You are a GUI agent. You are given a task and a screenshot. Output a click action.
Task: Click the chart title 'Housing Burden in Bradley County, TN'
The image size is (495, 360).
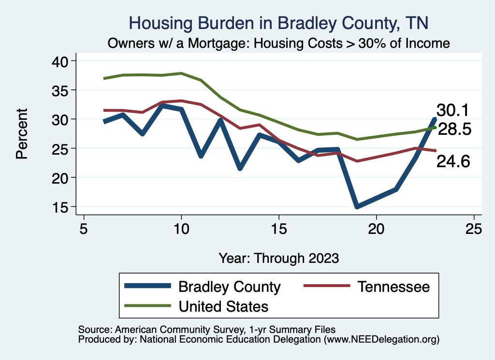tap(279, 23)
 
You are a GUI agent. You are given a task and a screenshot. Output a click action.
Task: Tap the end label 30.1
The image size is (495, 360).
tap(453, 110)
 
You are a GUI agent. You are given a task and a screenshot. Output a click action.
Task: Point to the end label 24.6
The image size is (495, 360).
tap(453, 162)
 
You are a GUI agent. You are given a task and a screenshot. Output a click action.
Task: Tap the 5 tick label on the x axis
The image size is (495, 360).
tap(84, 228)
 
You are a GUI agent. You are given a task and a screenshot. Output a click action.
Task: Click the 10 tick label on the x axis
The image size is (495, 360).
tap(181, 228)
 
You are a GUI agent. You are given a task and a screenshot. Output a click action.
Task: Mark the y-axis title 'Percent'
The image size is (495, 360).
tap(21, 134)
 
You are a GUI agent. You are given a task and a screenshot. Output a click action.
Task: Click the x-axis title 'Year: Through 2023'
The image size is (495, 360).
tap(278, 258)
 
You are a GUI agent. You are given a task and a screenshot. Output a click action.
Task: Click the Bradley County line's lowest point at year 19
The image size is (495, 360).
tap(357, 206)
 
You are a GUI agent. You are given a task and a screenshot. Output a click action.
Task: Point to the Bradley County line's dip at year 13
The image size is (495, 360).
tap(240, 168)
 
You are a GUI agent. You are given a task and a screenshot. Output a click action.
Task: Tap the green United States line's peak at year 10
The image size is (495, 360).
tap(181, 73)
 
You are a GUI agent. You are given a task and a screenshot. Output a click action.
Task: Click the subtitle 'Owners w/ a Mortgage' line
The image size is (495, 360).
tap(279, 43)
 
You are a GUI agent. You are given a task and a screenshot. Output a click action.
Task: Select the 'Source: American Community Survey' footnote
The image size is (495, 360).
tap(203, 329)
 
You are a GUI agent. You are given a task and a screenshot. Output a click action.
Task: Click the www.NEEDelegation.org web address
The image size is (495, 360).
tap(382, 339)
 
